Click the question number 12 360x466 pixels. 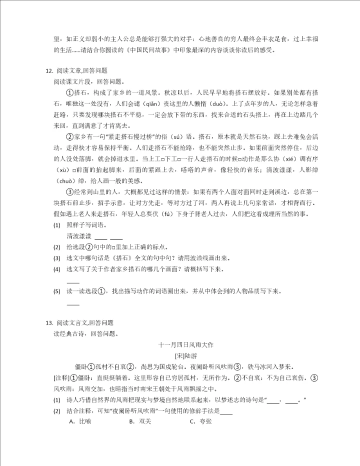coord(48,71)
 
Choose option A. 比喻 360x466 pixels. coord(80,421)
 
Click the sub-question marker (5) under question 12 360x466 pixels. coord(56,291)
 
